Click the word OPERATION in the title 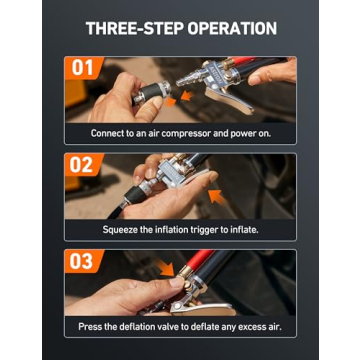227,28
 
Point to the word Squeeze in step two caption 119,229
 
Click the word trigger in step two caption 211,229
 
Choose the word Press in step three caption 90,326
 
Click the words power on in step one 251,133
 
